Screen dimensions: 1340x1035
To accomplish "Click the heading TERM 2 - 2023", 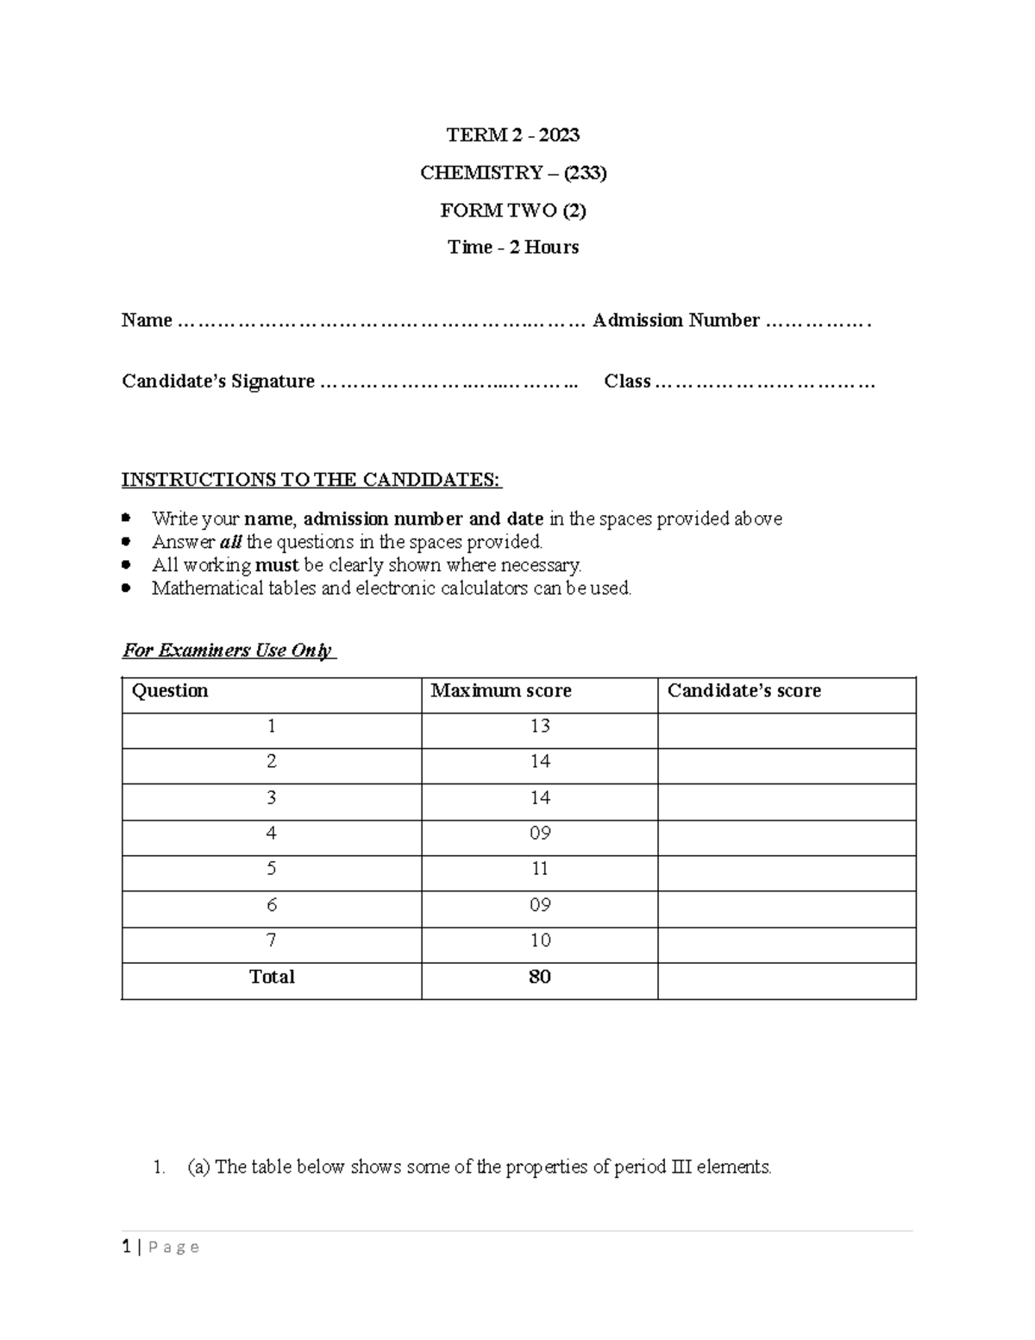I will (512, 135).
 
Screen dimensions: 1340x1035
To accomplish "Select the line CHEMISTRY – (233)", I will (513, 173).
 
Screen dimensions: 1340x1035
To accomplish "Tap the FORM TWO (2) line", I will (513, 211).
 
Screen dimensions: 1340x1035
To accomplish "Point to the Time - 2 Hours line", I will (513, 248).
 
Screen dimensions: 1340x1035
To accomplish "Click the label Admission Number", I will (676, 321).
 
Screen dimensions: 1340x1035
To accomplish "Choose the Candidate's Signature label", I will (218, 381).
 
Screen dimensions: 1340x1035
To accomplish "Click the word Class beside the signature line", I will (627, 381).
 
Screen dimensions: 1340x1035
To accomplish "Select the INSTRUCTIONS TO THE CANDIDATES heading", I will (310, 480).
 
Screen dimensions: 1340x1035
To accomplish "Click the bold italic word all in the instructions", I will (231, 543).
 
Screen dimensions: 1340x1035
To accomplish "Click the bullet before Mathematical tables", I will (127, 588).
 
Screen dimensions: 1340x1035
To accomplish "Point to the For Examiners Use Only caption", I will (228, 651).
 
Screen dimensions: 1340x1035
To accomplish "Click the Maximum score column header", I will (501, 691).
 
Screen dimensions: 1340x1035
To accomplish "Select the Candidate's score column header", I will (743, 691).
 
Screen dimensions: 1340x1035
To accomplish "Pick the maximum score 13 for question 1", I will (540, 727).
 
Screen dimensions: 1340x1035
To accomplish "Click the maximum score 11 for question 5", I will (540, 869).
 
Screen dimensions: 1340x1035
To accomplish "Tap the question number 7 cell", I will (272, 941).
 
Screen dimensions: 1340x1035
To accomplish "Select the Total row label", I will (272, 977).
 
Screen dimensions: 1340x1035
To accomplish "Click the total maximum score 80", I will (540, 977).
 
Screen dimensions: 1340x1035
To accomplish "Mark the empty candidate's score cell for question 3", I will (786, 798).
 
